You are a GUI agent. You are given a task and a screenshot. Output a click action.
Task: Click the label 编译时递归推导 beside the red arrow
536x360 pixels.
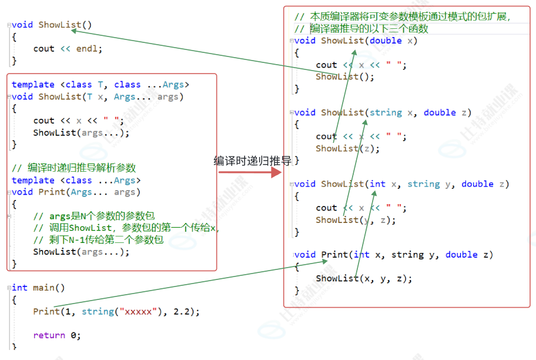tap(252, 161)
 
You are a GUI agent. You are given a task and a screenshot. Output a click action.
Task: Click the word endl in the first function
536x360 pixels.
tap(86, 49)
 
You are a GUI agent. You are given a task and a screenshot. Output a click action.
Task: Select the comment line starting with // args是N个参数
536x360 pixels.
tap(94, 216)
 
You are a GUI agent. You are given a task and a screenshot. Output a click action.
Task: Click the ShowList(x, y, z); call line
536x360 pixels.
tap(364, 278)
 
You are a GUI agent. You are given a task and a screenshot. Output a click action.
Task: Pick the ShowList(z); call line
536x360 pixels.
tap(347, 148)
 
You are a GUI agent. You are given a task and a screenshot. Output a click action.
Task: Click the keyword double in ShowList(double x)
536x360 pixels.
tap(386, 41)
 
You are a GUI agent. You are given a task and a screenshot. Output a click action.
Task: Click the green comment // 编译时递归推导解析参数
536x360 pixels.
tap(73, 168)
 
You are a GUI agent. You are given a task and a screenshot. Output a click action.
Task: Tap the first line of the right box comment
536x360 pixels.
tap(402, 16)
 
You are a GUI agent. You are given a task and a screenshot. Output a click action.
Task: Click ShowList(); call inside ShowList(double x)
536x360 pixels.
tap(344, 76)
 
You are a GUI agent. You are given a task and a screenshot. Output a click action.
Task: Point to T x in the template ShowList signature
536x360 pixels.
tap(95, 96)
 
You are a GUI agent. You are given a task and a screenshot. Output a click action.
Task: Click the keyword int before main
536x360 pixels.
tap(19, 288)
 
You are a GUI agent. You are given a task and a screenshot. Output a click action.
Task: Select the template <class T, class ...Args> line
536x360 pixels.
tap(101, 85)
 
